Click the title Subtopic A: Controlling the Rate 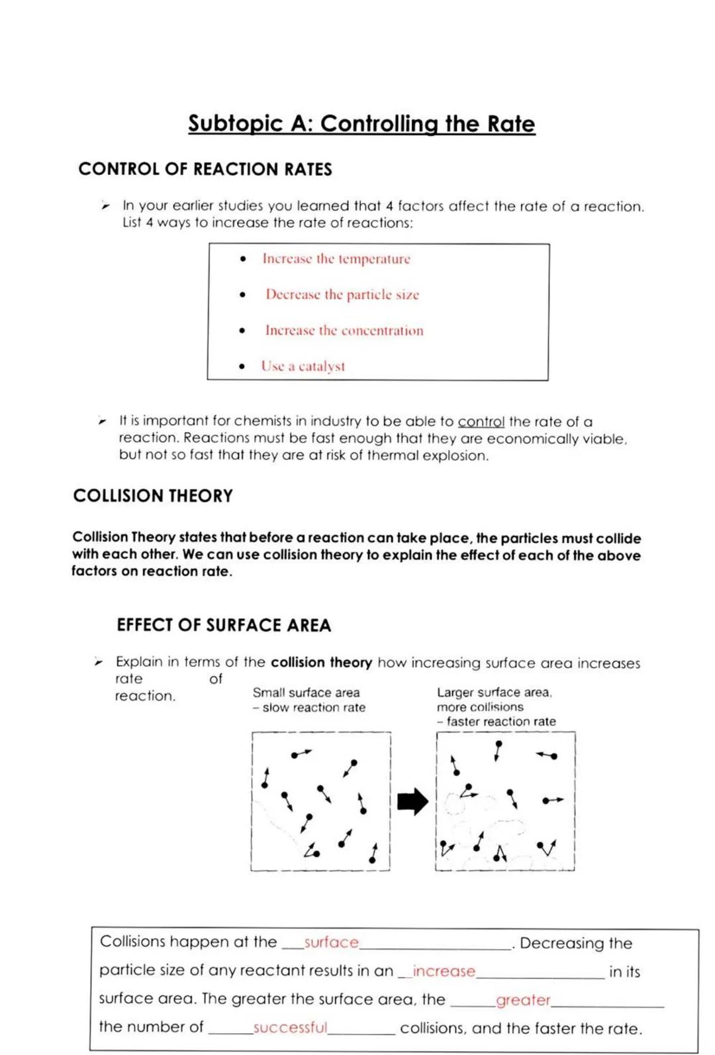pyautogui.click(x=361, y=124)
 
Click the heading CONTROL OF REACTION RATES pyautogui.click(x=205, y=170)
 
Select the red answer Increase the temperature pyautogui.click(x=336, y=259)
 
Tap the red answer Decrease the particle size pyautogui.click(x=342, y=295)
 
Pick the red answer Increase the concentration pyautogui.click(x=344, y=331)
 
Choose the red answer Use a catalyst pyautogui.click(x=303, y=366)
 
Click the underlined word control pyautogui.click(x=481, y=422)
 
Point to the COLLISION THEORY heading pyautogui.click(x=153, y=496)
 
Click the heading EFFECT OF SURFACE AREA pyautogui.click(x=224, y=626)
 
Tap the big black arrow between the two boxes pyautogui.click(x=412, y=802)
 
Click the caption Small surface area pyautogui.click(x=306, y=693)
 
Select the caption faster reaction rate pyautogui.click(x=501, y=722)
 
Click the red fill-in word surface pyautogui.click(x=331, y=942)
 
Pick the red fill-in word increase pyautogui.click(x=444, y=972)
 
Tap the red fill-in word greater pyautogui.click(x=523, y=1000)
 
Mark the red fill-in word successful pyautogui.click(x=290, y=1028)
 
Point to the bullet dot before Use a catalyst pyautogui.click(x=242, y=366)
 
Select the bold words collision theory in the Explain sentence pyautogui.click(x=321, y=663)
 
